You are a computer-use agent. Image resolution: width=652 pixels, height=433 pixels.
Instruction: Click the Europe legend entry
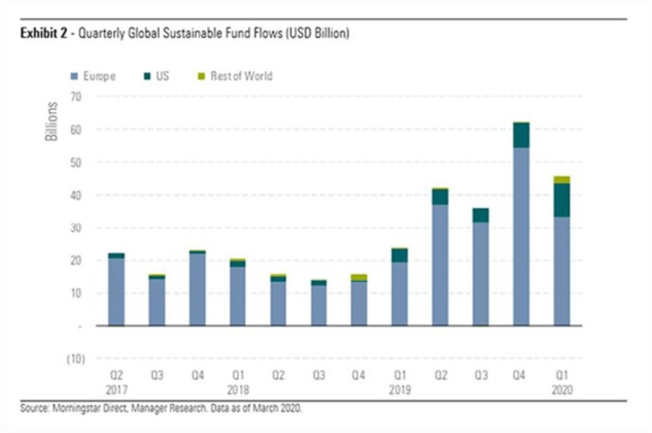[97, 77]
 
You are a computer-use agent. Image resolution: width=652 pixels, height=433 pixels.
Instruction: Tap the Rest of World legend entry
[240, 77]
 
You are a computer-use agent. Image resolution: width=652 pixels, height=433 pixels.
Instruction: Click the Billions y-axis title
[52, 121]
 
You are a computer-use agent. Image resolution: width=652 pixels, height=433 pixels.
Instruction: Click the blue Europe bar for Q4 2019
[520, 237]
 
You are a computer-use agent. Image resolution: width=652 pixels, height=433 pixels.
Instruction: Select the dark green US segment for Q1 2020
[561, 200]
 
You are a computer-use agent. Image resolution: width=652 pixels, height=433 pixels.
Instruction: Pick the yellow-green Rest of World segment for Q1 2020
[561, 180]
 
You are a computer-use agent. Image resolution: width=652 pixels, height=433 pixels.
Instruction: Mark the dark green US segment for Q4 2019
[520, 135]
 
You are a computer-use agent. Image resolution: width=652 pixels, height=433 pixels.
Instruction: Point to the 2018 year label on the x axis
[237, 388]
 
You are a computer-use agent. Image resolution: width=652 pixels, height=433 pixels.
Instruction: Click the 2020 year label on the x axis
[561, 388]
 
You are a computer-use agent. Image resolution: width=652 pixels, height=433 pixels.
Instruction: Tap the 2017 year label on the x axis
[115, 388]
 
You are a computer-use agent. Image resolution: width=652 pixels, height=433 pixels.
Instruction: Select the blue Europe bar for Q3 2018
[318, 305]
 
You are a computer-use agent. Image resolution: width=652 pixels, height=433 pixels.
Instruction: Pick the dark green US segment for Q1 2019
[399, 256]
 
